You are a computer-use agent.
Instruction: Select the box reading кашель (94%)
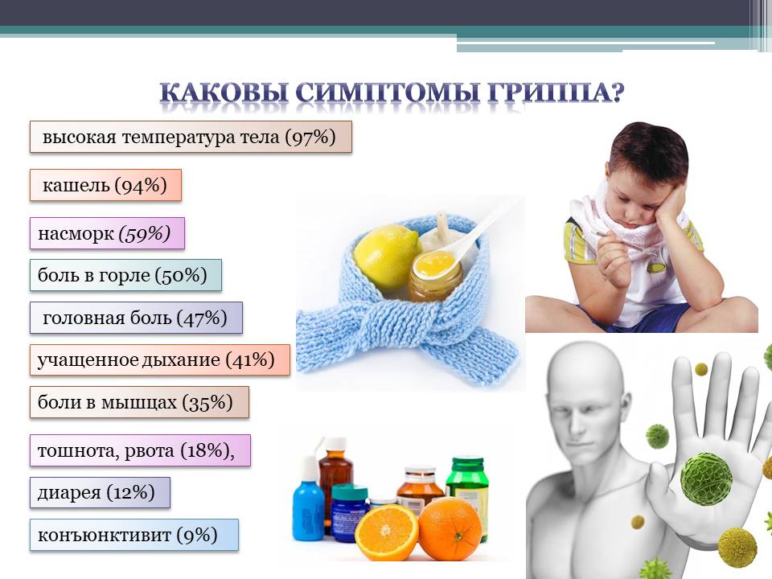coord(105,185)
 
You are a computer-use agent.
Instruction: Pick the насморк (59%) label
coord(107,233)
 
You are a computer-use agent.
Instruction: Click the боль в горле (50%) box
coord(125,275)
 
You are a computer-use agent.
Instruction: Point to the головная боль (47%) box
coord(136,318)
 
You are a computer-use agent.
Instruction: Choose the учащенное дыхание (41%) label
coord(159,360)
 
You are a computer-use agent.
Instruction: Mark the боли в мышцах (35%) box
coord(139,402)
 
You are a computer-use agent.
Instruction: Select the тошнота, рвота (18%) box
coord(140,450)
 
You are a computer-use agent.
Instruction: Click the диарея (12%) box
coord(100,492)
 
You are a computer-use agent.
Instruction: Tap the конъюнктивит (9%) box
coord(134,535)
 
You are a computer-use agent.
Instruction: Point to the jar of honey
coord(435,276)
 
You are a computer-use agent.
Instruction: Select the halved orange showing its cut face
coord(387,531)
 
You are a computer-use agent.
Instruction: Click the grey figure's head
coord(585,389)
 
